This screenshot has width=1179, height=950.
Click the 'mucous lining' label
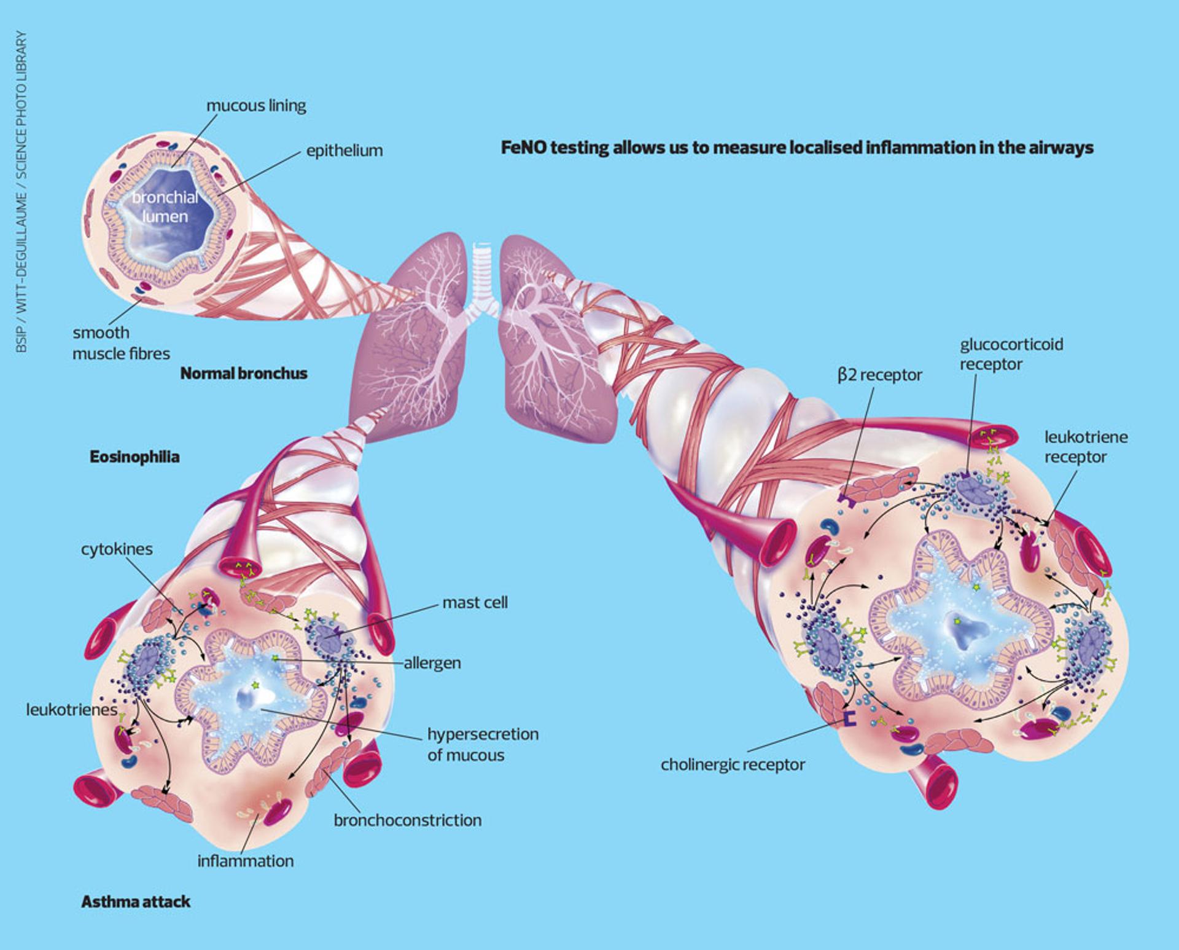(x=256, y=106)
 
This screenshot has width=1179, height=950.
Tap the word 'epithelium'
(x=344, y=151)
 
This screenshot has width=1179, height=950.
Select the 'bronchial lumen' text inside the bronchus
(x=165, y=206)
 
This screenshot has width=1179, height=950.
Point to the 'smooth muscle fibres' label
(x=121, y=343)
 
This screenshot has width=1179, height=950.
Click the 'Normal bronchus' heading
(x=244, y=374)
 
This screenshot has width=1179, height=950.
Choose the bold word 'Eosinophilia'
(x=134, y=457)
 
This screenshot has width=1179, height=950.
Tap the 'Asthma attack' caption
(x=136, y=902)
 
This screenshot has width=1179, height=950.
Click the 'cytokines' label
(x=117, y=549)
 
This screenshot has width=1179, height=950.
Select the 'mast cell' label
(x=475, y=602)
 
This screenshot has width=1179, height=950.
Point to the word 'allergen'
(x=432, y=663)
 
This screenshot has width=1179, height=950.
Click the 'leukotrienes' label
(x=71, y=710)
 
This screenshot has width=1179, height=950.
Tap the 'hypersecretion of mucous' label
(x=483, y=744)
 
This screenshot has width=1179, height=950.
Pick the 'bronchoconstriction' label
(x=408, y=820)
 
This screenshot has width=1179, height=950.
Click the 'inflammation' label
(x=246, y=861)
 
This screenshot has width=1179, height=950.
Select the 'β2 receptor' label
(x=879, y=375)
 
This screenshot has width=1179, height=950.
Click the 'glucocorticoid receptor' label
(x=1011, y=354)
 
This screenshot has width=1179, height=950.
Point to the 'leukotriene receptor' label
(x=1086, y=447)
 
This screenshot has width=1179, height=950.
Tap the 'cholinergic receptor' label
(x=733, y=764)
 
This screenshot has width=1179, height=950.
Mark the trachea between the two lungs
(x=482, y=270)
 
